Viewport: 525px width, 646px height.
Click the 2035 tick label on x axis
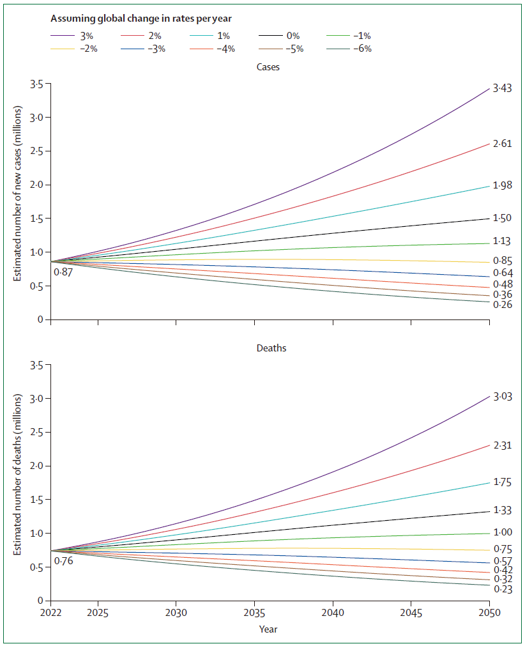pos(254,612)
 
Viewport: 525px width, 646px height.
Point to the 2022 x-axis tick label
pos(50,612)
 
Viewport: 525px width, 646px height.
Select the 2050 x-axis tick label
pos(489,612)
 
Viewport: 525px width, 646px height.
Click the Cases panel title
pos(268,67)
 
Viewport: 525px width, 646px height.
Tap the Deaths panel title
pos(268,348)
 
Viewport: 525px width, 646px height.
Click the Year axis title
pos(268,629)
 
